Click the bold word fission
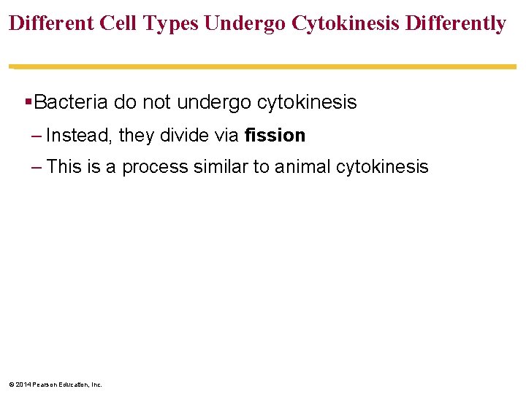pos(275,135)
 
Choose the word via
pos(227,135)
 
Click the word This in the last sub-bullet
pos(64,166)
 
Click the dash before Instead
pos(37,136)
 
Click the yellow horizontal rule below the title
pos(263,66)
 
